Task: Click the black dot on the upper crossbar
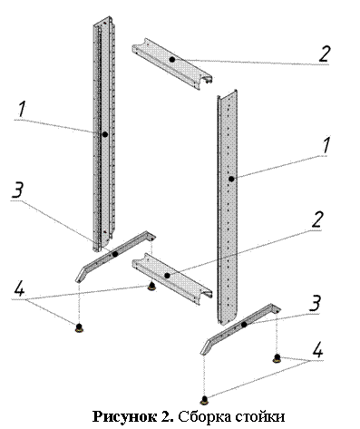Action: pyautogui.click(x=172, y=60)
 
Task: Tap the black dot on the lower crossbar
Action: pyautogui.click(x=167, y=276)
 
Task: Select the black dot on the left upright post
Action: pyautogui.click(x=105, y=134)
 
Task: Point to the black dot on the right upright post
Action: pyautogui.click(x=231, y=179)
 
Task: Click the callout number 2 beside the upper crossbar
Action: pyautogui.click(x=324, y=54)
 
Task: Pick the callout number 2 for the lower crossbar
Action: pyautogui.click(x=316, y=219)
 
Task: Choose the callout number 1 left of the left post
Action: pyautogui.click(x=21, y=110)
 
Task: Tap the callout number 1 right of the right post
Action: pyautogui.click(x=326, y=145)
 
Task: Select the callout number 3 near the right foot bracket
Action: pyautogui.click(x=315, y=303)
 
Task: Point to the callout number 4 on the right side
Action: pyautogui.click(x=317, y=350)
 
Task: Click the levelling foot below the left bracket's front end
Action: pyautogui.click(x=79, y=327)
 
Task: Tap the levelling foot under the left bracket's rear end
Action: pyautogui.click(x=151, y=286)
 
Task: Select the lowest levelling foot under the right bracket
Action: pyautogui.click(x=205, y=400)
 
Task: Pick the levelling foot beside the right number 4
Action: pyautogui.click(x=277, y=358)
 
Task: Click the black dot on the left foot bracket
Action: pyautogui.click(x=115, y=254)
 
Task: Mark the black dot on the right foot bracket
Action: pyautogui.click(x=244, y=325)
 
